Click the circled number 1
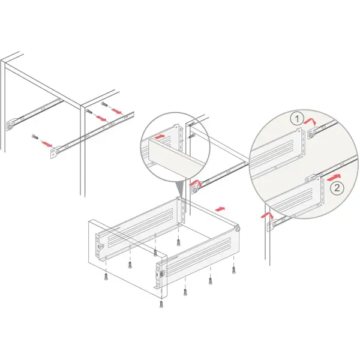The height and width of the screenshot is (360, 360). click(297, 119)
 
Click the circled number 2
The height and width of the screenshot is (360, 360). click(337, 188)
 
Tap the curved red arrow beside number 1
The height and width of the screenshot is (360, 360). click(310, 121)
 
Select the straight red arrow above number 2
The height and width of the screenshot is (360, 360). click(334, 177)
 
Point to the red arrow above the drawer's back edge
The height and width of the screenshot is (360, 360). click(220, 209)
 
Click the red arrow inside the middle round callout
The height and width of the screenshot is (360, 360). click(160, 137)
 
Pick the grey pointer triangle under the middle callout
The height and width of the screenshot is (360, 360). click(180, 188)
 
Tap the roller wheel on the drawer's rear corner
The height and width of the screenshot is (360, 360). click(237, 229)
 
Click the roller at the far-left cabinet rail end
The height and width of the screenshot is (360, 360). click(9, 127)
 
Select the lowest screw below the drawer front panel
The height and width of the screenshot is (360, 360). click(161, 304)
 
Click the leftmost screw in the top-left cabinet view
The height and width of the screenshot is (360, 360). click(35, 136)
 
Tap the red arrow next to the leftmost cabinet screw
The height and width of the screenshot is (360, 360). click(47, 144)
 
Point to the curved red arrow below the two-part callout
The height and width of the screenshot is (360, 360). click(267, 216)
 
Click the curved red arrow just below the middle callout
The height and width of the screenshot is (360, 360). click(196, 182)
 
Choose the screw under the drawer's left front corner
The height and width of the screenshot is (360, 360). click(106, 277)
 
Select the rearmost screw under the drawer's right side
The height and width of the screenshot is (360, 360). click(233, 270)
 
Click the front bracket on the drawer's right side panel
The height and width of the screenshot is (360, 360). click(160, 274)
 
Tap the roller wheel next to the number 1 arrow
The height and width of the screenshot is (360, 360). click(311, 136)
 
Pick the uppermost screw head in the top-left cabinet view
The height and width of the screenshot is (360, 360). click(104, 104)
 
